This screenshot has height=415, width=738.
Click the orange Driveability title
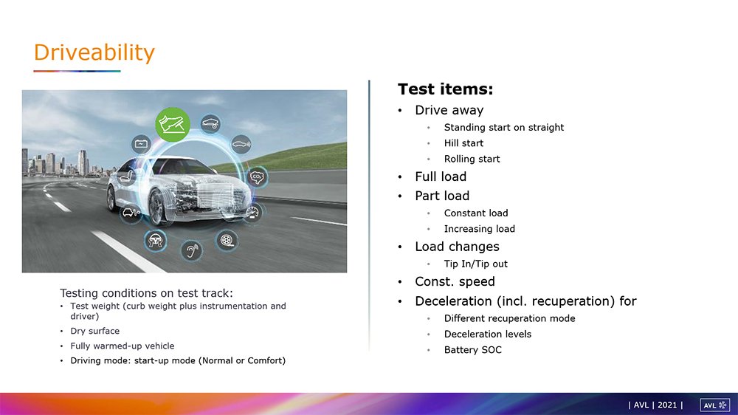[94, 52]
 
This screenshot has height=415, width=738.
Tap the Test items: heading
[445, 89]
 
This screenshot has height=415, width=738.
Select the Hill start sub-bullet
[463, 143]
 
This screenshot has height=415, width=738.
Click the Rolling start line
[472, 160]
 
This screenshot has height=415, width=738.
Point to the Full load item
[441, 176]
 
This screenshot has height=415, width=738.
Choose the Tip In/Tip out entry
[476, 264]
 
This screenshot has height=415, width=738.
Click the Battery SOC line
[473, 350]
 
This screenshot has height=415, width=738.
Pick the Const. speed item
[455, 281]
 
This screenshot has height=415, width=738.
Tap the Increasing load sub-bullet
[480, 229]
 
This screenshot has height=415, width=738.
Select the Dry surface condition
[94, 331]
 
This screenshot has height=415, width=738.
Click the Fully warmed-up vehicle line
[123, 346]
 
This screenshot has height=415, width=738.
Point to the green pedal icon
[173, 124]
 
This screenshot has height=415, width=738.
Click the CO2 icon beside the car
[257, 177]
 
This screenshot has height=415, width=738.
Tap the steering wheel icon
[155, 240]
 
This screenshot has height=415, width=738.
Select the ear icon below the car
[192, 250]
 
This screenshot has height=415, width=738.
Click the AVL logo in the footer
[714, 405]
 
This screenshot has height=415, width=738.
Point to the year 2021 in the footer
[667, 405]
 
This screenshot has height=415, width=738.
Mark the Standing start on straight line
[503, 128]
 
